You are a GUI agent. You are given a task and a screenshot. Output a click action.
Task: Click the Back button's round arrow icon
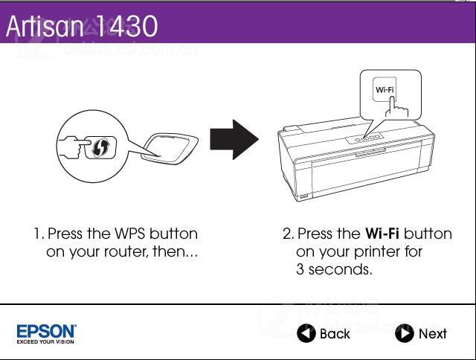click(306, 333)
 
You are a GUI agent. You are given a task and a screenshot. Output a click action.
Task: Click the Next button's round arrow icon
click(405, 333)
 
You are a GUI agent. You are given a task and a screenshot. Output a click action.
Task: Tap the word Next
click(433, 333)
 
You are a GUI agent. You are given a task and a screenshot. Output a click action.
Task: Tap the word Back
click(335, 333)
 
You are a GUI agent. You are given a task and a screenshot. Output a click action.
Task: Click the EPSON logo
click(46, 331)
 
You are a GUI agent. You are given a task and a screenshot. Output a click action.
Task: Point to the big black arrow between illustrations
click(234, 139)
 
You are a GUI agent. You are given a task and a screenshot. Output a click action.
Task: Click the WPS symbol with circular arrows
click(100, 147)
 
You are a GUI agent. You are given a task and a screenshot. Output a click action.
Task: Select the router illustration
click(171, 149)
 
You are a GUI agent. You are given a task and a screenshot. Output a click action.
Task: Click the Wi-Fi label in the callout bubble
click(385, 89)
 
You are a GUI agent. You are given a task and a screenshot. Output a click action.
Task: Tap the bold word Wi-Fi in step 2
click(382, 234)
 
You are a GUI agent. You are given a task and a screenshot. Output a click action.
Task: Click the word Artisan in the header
click(45, 26)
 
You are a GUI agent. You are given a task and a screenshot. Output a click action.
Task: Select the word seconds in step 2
click(341, 269)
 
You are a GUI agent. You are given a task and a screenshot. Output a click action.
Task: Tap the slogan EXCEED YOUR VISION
click(45, 342)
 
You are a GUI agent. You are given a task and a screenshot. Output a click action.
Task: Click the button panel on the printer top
click(365, 138)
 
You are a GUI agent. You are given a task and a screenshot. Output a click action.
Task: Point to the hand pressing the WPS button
click(74, 147)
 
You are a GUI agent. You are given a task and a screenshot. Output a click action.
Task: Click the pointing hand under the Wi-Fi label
click(396, 108)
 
